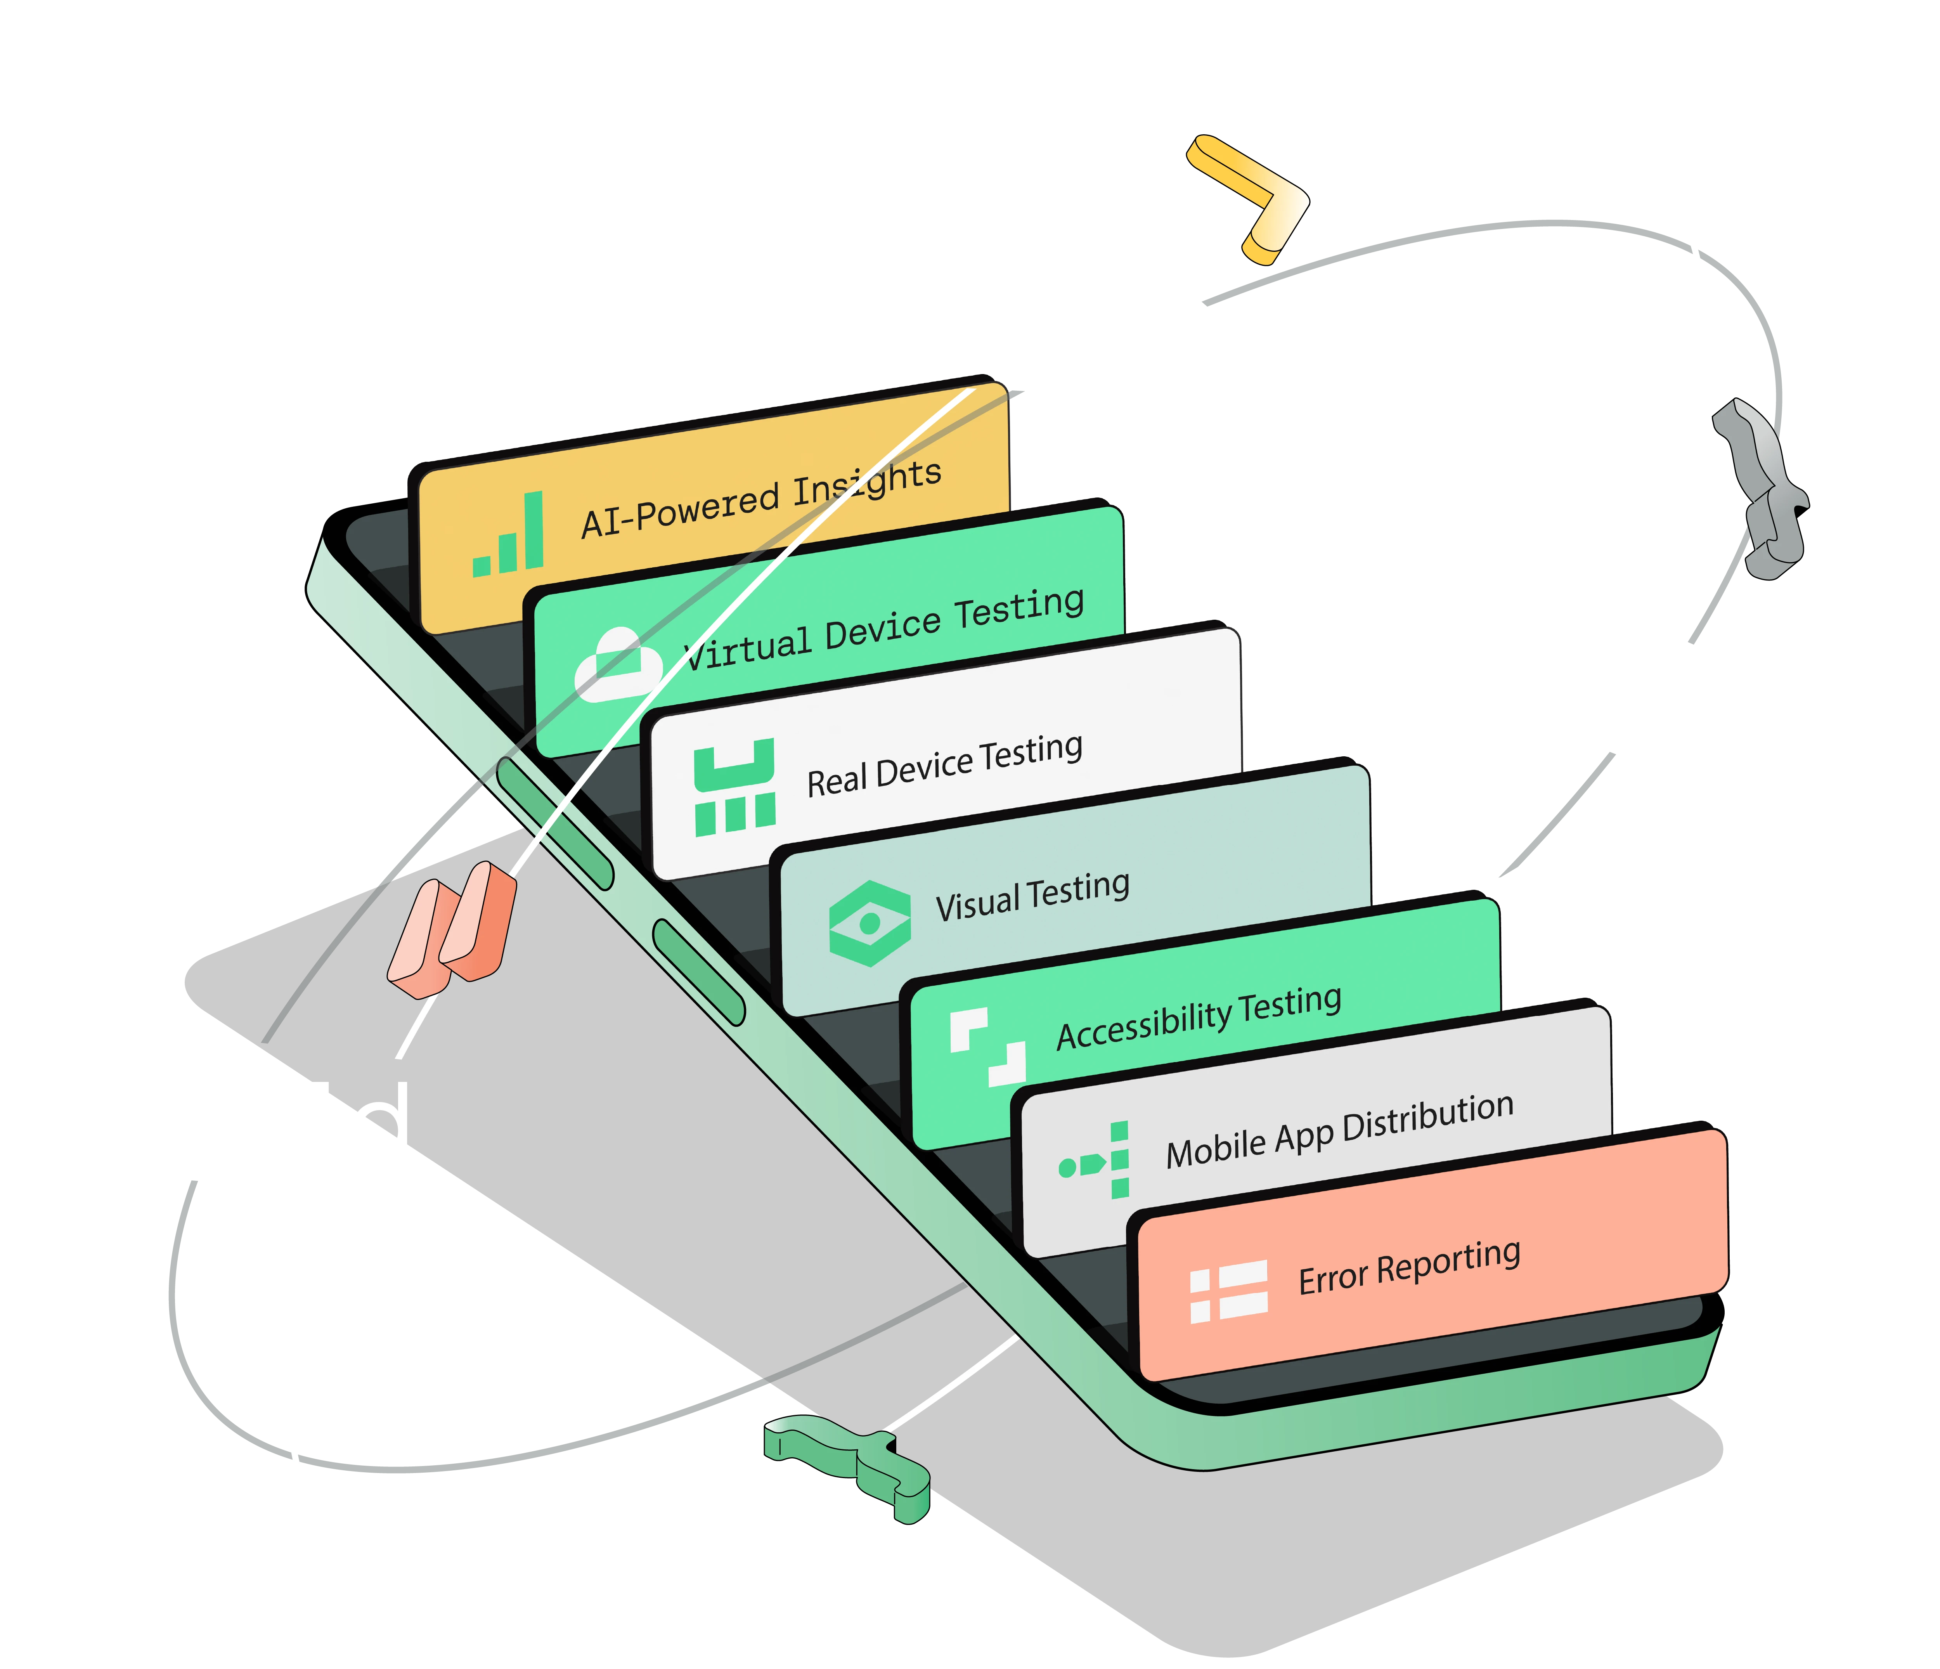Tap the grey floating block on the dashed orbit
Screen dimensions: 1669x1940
coord(1760,487)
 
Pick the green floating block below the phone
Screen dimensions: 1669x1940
coord(847,1461)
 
